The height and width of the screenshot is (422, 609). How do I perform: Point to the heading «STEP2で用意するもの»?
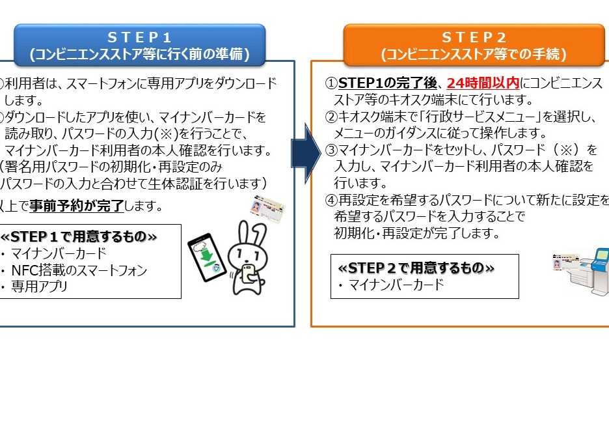coord(416,268)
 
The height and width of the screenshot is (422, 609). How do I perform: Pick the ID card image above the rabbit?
coord(267,209)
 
